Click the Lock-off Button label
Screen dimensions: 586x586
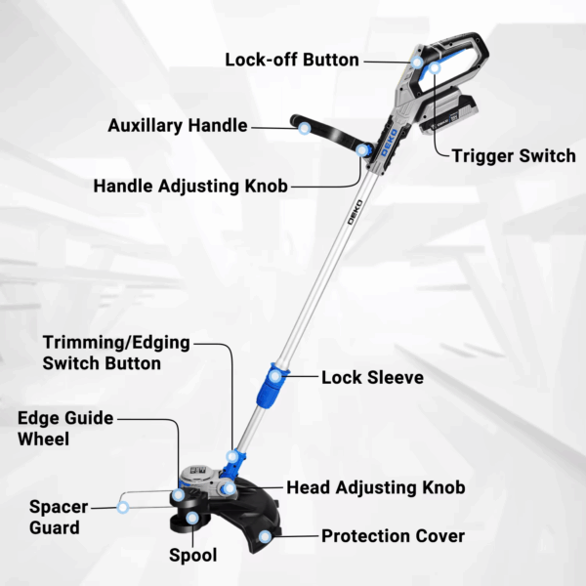tap(292, 60)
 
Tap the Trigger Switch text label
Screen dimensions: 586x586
tap(514, 156)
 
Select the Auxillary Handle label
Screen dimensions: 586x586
tap(178, 126)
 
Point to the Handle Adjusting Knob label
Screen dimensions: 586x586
tap(190, 187)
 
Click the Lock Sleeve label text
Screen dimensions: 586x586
tap(373, 377)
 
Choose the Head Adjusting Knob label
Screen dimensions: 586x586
tap(376, 487)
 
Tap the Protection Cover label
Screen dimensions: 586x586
tap(394, 536)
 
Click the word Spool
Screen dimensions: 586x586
tap(192, 556)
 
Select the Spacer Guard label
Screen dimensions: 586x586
tap(59, 518)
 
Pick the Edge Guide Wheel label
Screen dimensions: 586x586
tap(65, 429)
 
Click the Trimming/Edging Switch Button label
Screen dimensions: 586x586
tap(116, 353)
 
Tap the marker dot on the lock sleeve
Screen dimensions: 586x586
tap(275, 376)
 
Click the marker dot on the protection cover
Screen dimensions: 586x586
tap(265, 536)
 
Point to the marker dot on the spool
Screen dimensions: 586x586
tap(192, 518)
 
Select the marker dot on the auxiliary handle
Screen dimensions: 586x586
tap(305, 129)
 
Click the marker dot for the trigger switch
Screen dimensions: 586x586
tap(435, 68)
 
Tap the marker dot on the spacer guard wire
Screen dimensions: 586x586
tap(123, 507)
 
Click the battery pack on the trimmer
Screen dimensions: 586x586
tap(447, 114)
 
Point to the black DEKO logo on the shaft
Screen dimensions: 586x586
tap(355, 212)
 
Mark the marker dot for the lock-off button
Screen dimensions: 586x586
tap(417, 63)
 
